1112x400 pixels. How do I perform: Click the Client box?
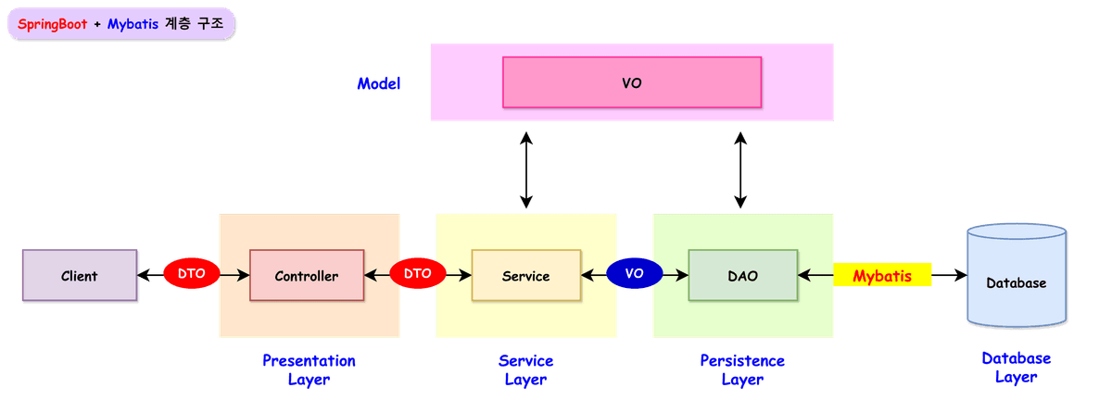(x=80, y=276)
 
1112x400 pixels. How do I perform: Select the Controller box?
(x=307, y=276)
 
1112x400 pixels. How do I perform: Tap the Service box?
(x=525, y=276)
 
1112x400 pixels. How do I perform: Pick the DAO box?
(x=742, y=276)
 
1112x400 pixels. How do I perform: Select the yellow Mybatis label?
(x=881, y=276)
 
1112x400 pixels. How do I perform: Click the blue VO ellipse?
(x=635, y=274)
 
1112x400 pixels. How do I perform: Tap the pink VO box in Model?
(x=631, y=82)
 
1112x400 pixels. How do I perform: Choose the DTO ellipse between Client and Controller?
(x=191, y=274)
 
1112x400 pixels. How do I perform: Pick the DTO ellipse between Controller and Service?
(x=417, y=274)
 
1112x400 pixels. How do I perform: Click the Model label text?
(x=379, y=84)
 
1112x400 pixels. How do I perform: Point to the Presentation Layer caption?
(x=309, y=369)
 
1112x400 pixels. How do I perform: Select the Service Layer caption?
(x=525, y=369)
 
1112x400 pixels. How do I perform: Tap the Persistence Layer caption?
(x=742, y=369)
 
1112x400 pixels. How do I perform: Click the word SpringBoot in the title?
(x=53, y=25)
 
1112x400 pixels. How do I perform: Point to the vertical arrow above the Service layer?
(x=526, y=169)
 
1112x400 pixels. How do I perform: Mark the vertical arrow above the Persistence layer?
(x=739, y=169)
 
